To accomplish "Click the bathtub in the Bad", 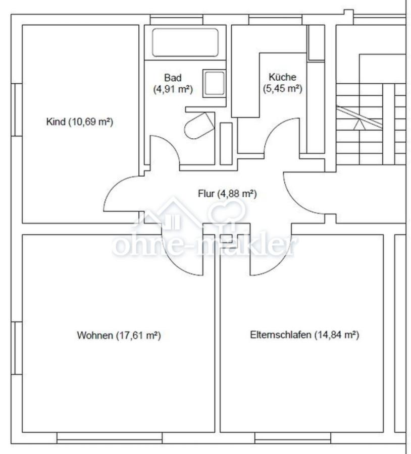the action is point(185,42).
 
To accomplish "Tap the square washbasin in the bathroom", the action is point(214,83).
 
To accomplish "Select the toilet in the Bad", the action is point(199,126).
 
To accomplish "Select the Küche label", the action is point(283,77).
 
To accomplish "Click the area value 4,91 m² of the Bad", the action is point(173,89).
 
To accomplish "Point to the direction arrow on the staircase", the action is point(359,125).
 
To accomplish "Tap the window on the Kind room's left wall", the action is point(17,110).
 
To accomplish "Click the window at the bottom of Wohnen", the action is point(110,438).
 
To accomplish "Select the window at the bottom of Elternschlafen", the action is point(293,438).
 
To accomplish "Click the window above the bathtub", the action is point(177,20).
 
